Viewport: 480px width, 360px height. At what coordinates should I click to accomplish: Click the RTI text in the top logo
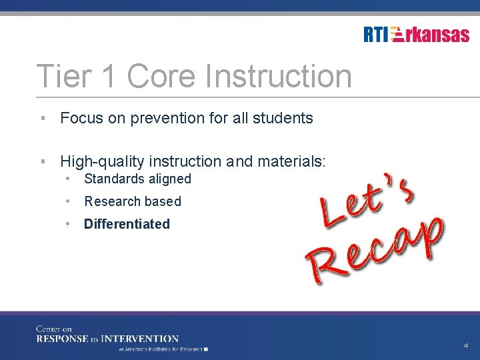tap(376, 35)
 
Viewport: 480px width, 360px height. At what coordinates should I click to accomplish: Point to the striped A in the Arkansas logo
tap(397, 35)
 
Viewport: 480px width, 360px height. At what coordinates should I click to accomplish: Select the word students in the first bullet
tap(283, 119)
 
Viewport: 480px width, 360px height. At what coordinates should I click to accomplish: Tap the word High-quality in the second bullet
tap(102, 161)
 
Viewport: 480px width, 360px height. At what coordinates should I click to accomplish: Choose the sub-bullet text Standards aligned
tap(137, 179)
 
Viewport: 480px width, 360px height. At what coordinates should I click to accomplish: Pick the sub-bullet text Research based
tap(132, 201)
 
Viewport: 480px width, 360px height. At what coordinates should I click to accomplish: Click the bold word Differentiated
tap(127, 224)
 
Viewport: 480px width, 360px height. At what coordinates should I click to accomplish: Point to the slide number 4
tap(465, 345)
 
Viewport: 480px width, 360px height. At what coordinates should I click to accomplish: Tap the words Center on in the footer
tap(54, 329)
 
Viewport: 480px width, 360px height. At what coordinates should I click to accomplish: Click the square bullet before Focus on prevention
tap(42, 119)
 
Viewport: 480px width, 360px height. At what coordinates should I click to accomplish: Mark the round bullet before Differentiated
tap(69, 224)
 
